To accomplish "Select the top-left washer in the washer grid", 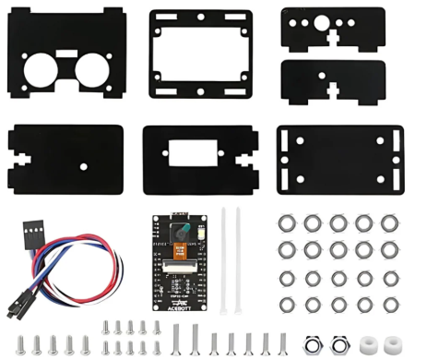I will [287, 222].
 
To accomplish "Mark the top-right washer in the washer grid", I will [391, 222].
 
